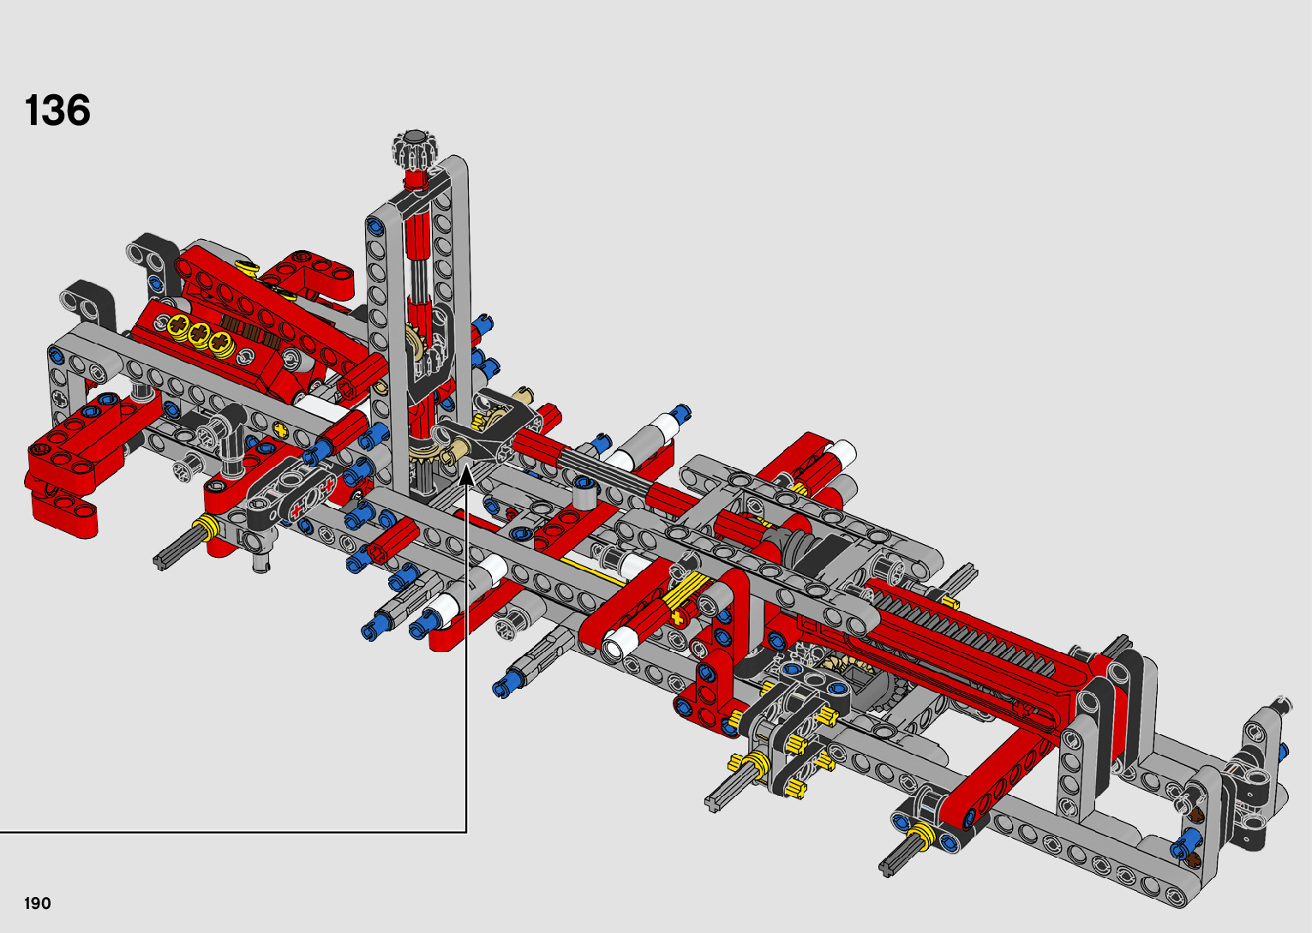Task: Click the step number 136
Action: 57,111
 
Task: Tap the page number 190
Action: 38,903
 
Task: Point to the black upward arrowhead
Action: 467,475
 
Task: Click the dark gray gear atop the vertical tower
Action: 415,147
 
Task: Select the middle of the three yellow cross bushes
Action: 200,332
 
